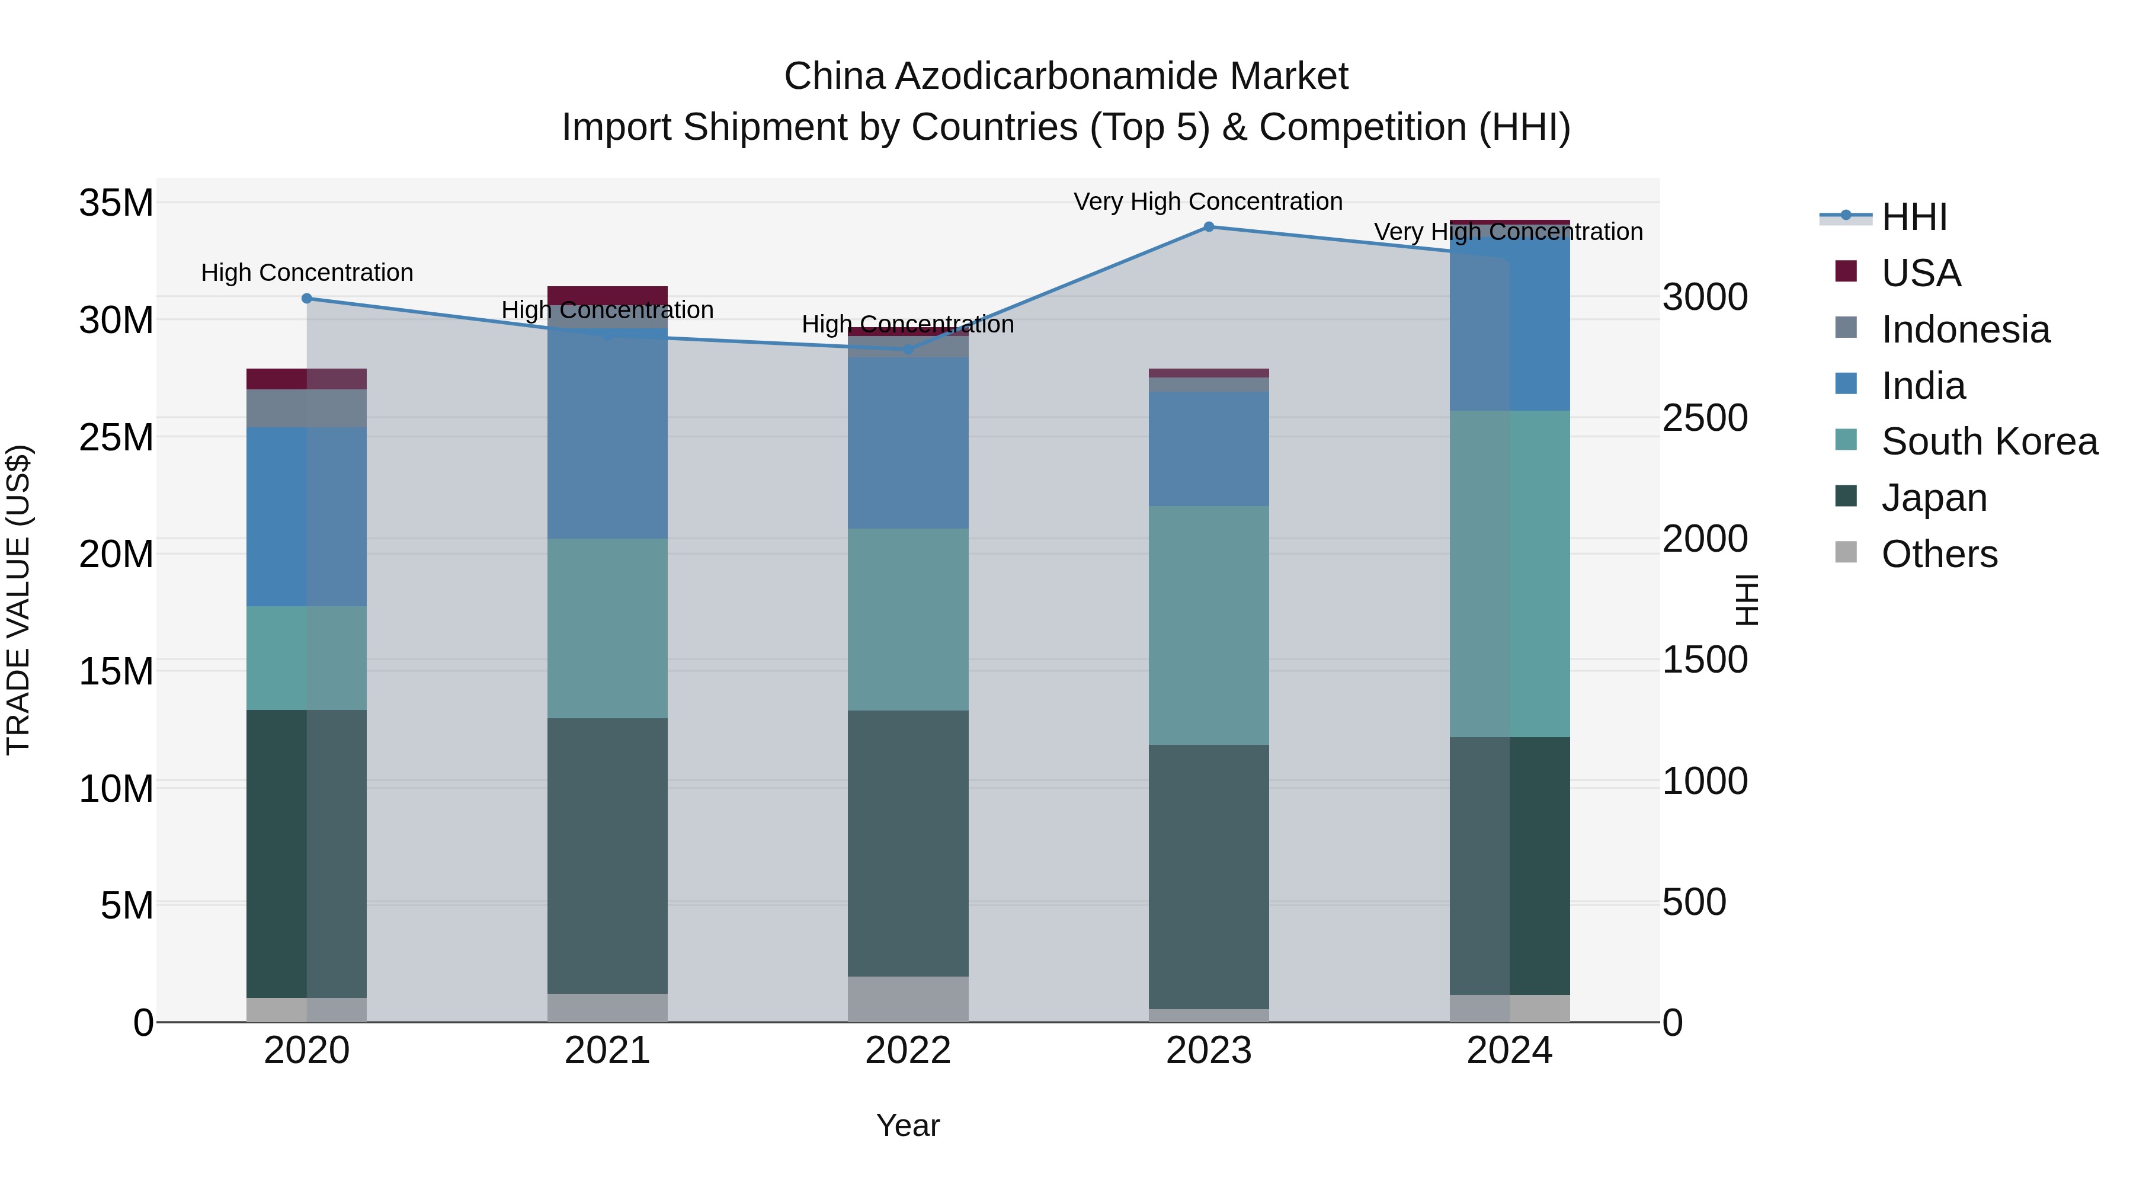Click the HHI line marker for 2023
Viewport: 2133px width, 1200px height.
(x=1208, y=227)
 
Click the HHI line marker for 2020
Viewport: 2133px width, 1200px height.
(x=306, y=298)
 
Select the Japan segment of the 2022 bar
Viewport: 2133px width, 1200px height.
(x=908, y=843)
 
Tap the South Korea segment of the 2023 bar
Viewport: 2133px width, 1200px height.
(x=1208, y=625)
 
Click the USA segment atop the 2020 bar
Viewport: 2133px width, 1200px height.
(x=306, y=379)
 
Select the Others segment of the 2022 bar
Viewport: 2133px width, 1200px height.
(x=908, y=999)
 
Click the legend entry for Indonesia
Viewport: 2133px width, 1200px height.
(x=1965, y=329)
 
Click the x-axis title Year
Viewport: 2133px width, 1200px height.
(x=908, y=1125)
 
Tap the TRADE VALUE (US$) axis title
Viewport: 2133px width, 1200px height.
(x=18, y=600)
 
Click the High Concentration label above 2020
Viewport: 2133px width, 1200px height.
(x=306, y=273)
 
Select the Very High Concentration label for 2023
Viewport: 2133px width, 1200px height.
(x=1208, y=201)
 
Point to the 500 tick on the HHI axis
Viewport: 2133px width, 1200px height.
(x=1694, y=902)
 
